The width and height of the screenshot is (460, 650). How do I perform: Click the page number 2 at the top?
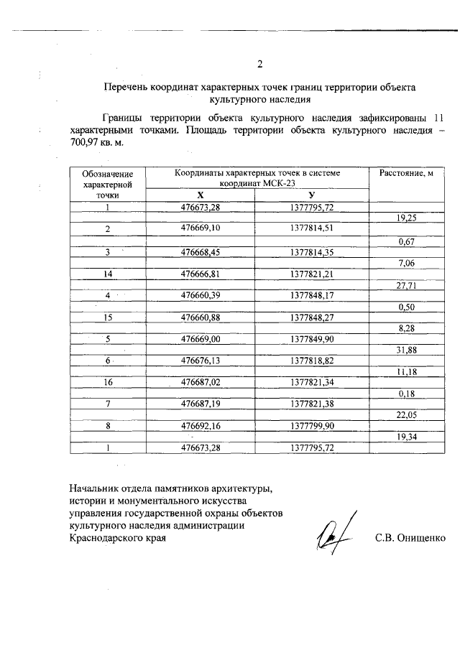259,64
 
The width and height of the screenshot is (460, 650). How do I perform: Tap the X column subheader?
201,195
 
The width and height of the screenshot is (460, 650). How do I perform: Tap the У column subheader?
311,195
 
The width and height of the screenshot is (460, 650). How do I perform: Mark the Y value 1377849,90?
312,339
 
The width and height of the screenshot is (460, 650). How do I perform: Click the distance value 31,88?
407,350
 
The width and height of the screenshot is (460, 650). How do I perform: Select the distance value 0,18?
407,394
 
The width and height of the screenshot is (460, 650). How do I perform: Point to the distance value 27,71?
407,284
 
